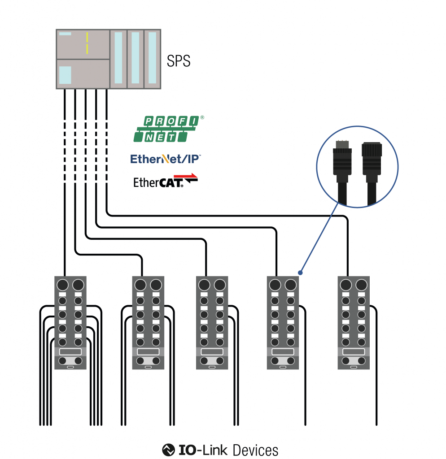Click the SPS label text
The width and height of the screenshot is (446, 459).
(x=179, y=61)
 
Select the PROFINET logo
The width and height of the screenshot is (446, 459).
(x=169, y=129)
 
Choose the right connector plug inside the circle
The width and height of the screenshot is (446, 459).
(x=372, y=168)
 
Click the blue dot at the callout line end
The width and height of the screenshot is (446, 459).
(x=300, y=272)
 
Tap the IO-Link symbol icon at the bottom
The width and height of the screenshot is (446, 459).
(x=168, y=449)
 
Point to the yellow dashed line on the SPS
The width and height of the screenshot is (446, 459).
(x=87, y=43)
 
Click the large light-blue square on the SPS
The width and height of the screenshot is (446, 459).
(x=66, y=74)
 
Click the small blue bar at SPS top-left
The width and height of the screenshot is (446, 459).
(x=65, y=34)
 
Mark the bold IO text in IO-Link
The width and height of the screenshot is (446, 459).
(x=187, y=450)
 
